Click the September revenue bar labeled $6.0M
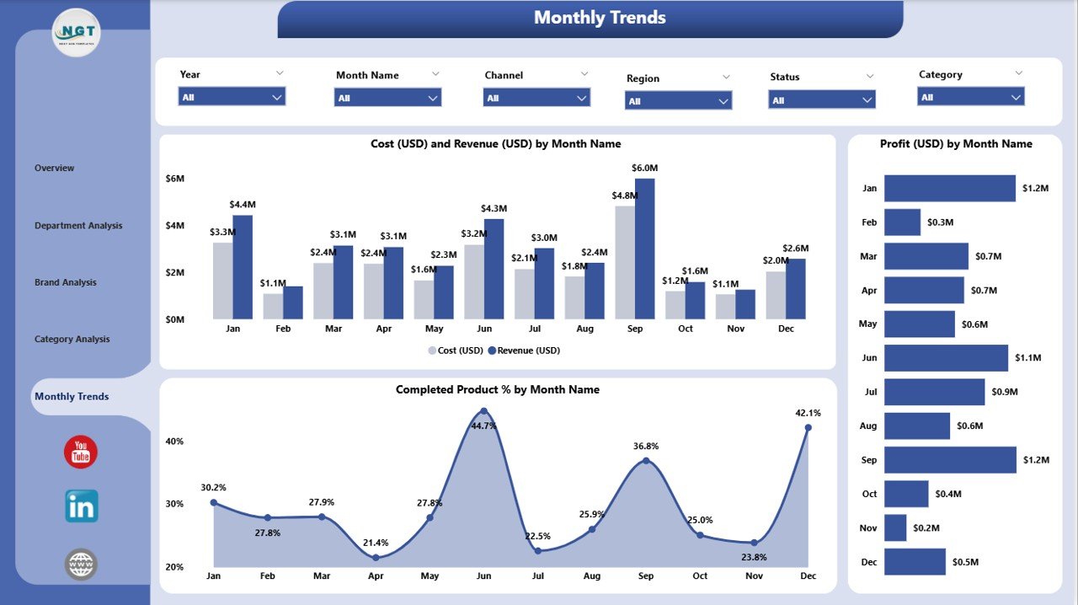[x=645, y=249]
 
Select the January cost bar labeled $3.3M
[x=222, y=281]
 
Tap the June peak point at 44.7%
[x=483, y=411]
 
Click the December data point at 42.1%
[x=808, y=428]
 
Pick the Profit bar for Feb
[x=902, y=222]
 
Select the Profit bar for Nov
[x=895, y=528]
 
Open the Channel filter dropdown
[x=536, y=98]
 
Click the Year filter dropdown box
[x=232, y=97]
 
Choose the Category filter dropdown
[x=970, y=97]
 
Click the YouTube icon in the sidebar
[x=81, y=452]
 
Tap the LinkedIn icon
[x=82, y=506]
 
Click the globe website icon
[x=82, y=564]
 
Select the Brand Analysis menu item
[x=66, y=282]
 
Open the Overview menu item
[x=55, y=168]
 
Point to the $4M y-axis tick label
[x=174, y=225]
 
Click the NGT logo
[x=76, y=33]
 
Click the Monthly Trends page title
[x=600, y=18]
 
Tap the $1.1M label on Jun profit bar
[x=1027, y=358]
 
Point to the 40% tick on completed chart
[x=174, y=441]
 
